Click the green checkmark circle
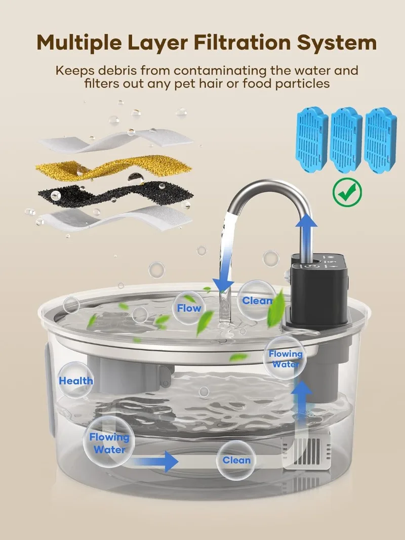click(x=347, y=191)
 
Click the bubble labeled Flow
click(x=189, y=308)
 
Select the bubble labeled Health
click(x=76, y=381)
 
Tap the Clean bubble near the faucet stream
click(x=257, y=301)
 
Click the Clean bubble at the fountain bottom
click(x=236, y=460)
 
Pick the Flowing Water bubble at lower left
click(x=109, y=442)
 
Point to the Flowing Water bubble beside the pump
click(x=285, y=359)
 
